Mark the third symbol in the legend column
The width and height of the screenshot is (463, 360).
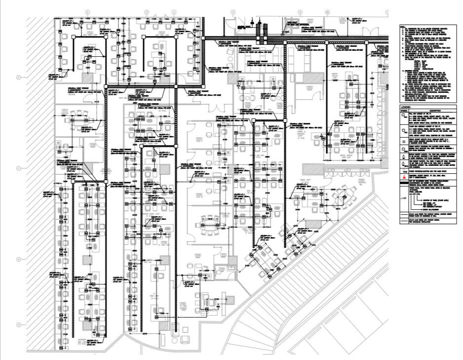click(x=404, y=141)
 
